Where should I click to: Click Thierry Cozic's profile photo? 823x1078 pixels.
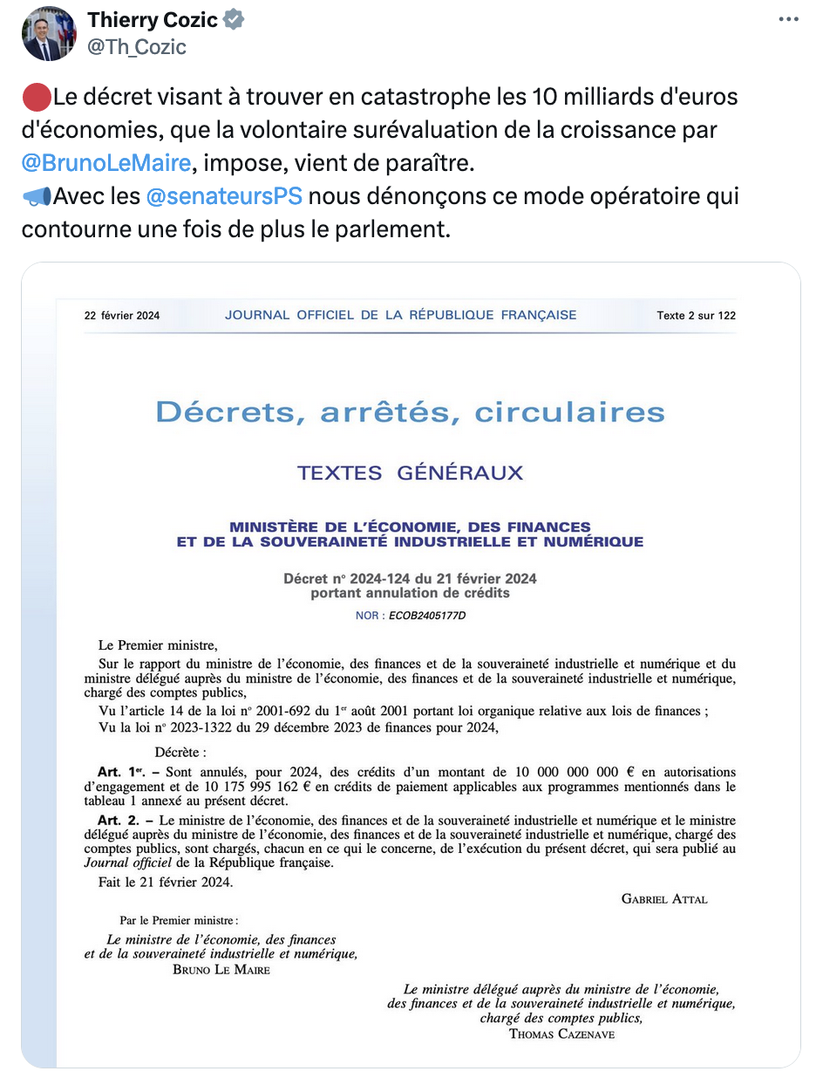coord(49,34)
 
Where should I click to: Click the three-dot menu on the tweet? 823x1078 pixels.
coord(787,19)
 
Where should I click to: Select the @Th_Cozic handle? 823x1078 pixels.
coord(137,47)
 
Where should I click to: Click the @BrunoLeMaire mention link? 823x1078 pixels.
coord(106,162)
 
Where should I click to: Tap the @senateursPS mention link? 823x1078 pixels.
coord(224,196)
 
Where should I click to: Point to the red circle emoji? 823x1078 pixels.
coord(35,96)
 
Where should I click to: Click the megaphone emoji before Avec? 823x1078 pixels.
coord(36,196)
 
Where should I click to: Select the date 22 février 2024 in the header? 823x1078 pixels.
coord(122,316)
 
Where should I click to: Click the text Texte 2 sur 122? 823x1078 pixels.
coord(696,316)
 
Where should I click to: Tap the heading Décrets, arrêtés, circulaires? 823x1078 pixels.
coord(410,412)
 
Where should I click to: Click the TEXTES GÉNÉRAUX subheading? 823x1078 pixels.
coord(410,474)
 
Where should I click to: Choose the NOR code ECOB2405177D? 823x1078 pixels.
coord(427,616)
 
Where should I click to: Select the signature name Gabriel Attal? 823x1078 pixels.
coord(664,898)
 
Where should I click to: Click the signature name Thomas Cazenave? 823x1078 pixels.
coord(561,1034)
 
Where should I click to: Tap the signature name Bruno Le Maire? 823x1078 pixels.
coord(221,970)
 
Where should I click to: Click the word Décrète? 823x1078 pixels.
coord(180,752)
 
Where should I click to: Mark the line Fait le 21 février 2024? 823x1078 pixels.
coord(166,882)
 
